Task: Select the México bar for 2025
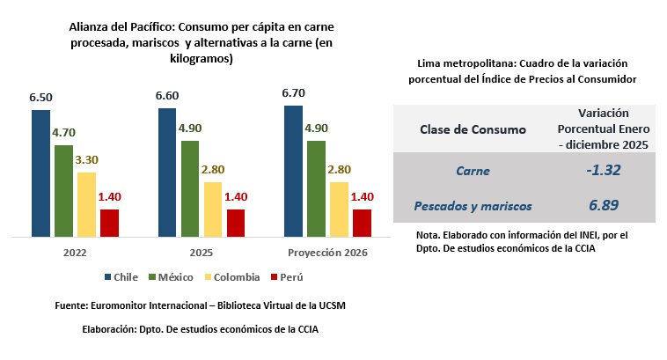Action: pos(190,188)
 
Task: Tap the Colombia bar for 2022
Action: pos(86,204)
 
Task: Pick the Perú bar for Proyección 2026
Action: pos(362,223)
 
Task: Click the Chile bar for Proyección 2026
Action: pos(293,171)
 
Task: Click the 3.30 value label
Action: pos(86,160)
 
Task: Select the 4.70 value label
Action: pos(63,133)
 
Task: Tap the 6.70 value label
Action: pos(293,92)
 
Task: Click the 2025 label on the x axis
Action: pos(201,253)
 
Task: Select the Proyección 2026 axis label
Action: pos(326,253)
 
